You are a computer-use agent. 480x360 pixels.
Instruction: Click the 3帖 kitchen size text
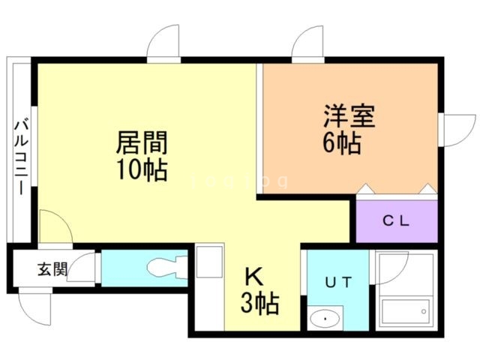click(x=260, y=304)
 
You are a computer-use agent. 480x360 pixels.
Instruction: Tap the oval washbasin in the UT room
click(x=324, y=318)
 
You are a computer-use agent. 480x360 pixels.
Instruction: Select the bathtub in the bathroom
click(x=406, y=309)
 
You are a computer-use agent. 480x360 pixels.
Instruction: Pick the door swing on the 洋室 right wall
click(x=456, y=131)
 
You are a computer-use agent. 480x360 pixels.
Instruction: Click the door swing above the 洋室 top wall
click(x=307, y=43)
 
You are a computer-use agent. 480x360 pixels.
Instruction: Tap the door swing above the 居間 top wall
click(x=163, y=43)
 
